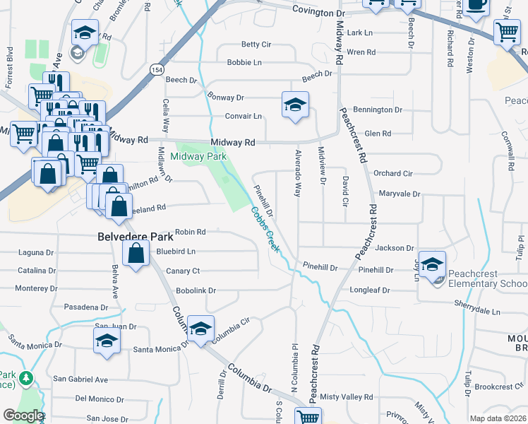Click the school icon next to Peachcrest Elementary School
(433, 263)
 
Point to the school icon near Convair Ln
(295, 105)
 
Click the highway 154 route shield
(157, 68)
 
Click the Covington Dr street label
(320, 13)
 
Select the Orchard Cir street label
(392, 173)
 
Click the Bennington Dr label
(378, 110)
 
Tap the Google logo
(23, 416)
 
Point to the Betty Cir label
(256, 45)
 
